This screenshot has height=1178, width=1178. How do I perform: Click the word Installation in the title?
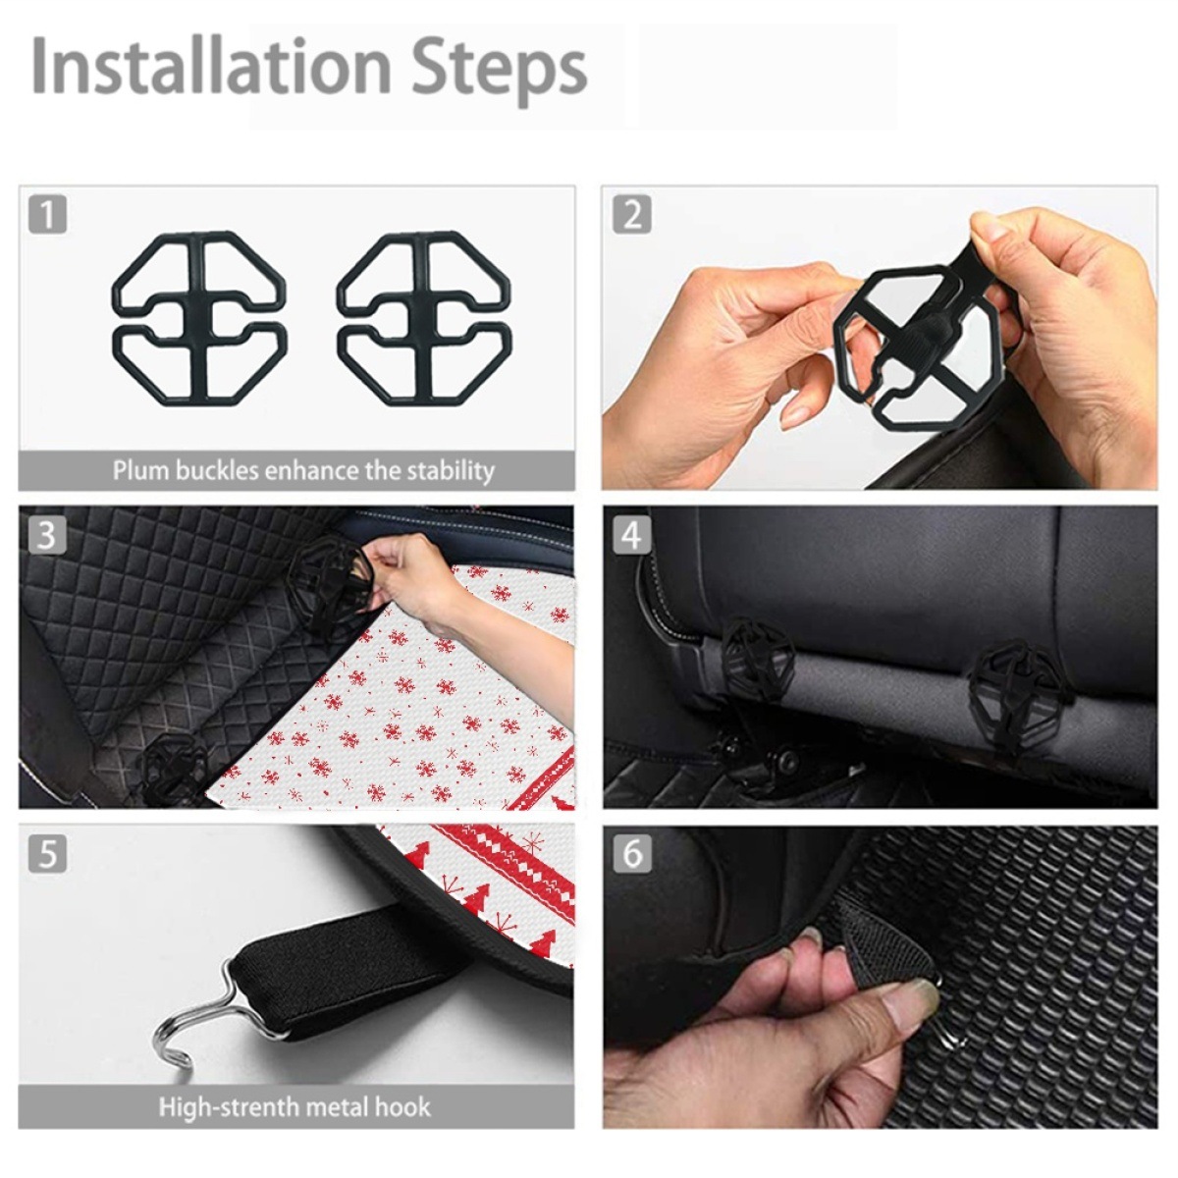coord(211,66)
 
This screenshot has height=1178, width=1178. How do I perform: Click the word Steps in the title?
coord(499,70)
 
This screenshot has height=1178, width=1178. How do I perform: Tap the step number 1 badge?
coord(47,214)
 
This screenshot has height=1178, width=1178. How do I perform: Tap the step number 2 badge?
coord(632,214)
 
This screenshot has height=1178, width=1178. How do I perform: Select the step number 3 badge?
coord(47,535)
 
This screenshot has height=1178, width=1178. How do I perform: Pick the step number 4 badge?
coord(632,535)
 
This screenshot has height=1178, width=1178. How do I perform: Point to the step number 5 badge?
coord(47,853)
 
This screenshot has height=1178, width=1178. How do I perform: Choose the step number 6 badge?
coord(632,853)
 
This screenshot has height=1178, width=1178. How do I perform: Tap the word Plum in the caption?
coord(141,471)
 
